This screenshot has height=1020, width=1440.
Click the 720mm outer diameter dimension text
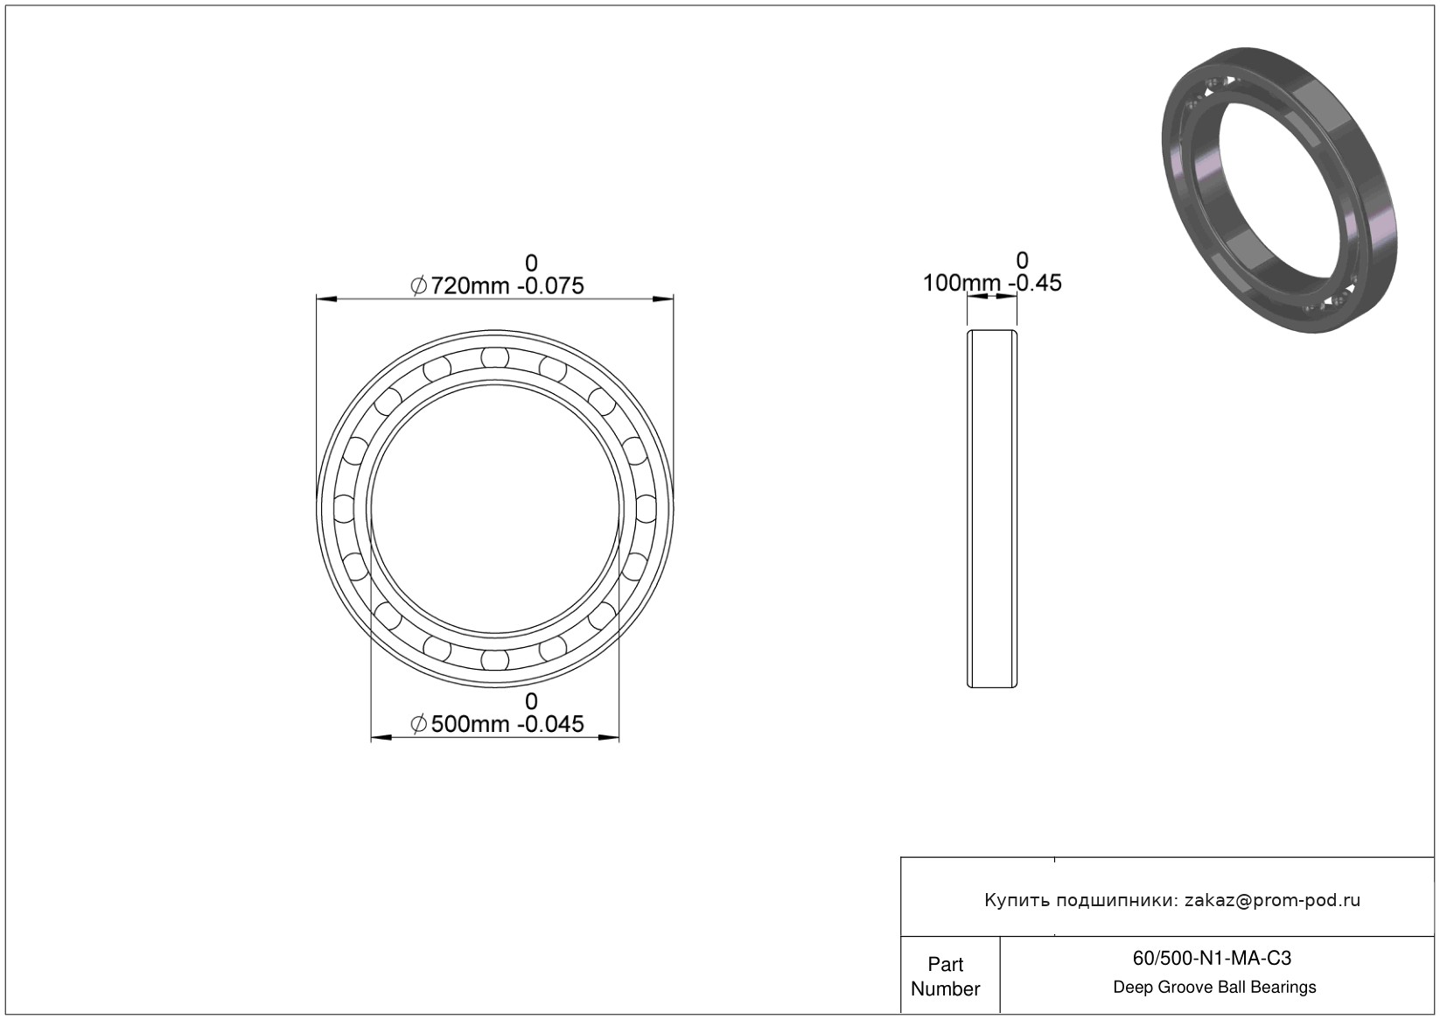(469, 285)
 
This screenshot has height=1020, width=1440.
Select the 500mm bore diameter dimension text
(469, 724)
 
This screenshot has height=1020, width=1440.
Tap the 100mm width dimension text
(961, 283)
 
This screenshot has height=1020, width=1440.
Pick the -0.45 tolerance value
(1035, 283)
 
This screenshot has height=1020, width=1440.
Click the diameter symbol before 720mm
(418, 285)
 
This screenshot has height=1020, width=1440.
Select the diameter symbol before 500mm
(418, 725)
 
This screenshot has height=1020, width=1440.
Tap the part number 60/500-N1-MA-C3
(1212, 958)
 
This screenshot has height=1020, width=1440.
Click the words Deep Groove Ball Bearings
(1214, 987)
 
